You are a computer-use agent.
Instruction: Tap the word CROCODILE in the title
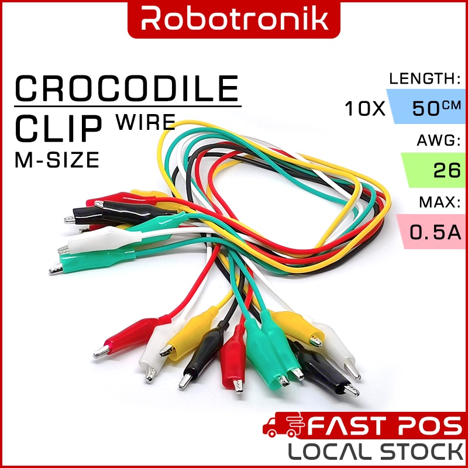(127, 89)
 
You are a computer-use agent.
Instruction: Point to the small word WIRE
(146, 122)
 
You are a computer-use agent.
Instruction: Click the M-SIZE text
(56, 160)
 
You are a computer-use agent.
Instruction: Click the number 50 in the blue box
(426, 109)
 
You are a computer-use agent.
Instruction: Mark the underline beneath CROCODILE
(127, 106)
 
